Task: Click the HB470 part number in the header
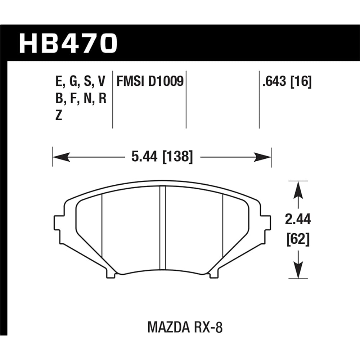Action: tap(68, 43)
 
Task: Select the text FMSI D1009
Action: tap(150, 82)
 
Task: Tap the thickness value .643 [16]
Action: tap(287, 82)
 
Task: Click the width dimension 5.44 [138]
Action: tap(162, 157)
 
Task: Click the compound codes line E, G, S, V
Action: tap(80, 82)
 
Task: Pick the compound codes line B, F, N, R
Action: tap(80, 99)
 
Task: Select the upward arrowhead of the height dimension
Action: tap(298, 189)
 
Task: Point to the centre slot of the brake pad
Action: tap(162, 229)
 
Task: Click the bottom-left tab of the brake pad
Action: tap(112, 275)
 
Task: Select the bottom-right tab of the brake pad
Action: tap(213, 275)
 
